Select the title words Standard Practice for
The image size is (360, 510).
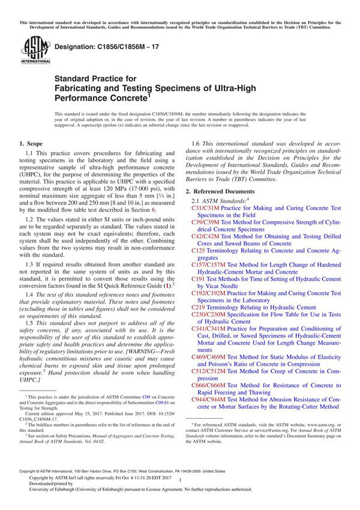click(95, 78)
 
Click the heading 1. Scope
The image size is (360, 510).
click(31, 144)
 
